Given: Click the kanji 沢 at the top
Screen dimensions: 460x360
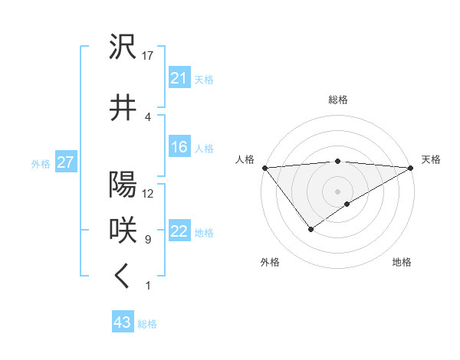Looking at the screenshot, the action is tap(123, 47).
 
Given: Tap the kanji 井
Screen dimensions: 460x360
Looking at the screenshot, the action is tap(123, 108).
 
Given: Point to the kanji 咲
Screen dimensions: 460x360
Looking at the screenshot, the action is tap(123, 230).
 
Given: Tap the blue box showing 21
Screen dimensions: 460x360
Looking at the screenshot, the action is tap(179, 78).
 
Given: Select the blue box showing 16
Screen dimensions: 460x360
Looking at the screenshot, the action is tap(179, 147).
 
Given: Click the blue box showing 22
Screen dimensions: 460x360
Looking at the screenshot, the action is tap(179, 231).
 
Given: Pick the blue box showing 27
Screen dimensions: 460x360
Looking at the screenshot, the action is tap(66, 162).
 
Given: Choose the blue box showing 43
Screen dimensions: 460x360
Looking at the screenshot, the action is tap(123, 322).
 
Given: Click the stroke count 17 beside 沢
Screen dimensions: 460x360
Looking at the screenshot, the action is tap(148, 56).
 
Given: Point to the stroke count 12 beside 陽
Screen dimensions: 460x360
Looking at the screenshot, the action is tap(148, 193).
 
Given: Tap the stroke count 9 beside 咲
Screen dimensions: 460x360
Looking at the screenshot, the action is tap(147, 240).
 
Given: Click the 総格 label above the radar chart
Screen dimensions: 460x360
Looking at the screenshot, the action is tap(338, 100).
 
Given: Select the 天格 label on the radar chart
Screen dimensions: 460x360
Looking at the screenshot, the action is tap(431, 159).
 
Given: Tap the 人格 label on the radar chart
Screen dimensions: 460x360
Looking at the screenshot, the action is tap(245, 159).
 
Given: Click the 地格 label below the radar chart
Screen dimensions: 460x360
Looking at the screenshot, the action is tap(402, 262).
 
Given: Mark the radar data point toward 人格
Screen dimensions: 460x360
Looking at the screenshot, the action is tap(264, 168).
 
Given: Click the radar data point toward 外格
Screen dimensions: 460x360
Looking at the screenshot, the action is tap(310, 229).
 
